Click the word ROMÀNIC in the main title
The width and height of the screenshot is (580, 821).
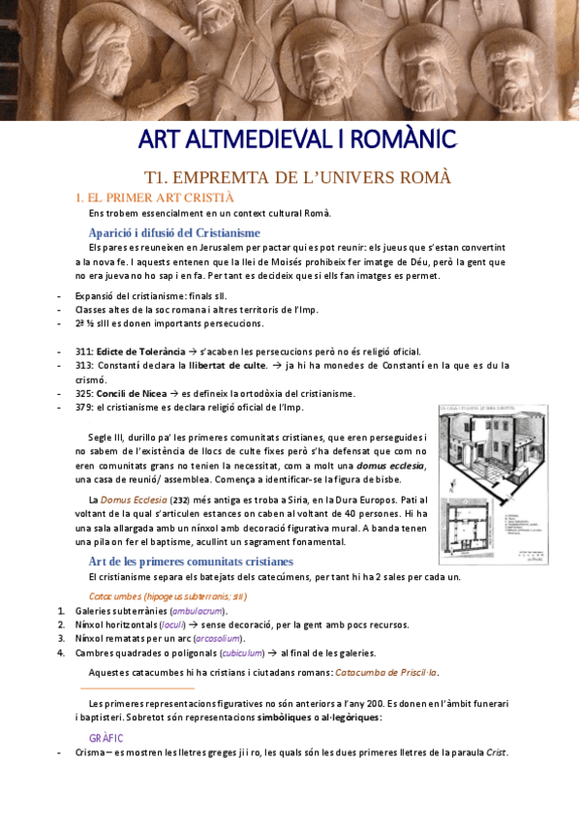(399, 140)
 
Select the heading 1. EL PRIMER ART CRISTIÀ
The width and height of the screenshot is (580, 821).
(155, 197)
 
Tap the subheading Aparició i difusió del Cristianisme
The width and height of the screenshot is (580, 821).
(174, 233)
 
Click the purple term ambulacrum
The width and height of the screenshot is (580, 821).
(198, 611)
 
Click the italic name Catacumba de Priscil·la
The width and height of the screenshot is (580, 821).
(385, 672)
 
